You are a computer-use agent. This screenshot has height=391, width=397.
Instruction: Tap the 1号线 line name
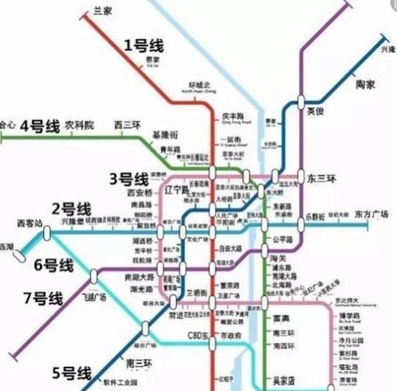[143, 46]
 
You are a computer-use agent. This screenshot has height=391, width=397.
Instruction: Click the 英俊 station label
[315, 110]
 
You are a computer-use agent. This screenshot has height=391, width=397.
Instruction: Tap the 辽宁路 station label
[179, 189]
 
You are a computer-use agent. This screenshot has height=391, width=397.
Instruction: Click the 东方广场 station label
[371, 215]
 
